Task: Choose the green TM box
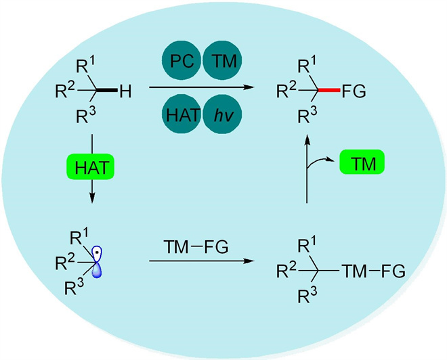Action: coord(362,162)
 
